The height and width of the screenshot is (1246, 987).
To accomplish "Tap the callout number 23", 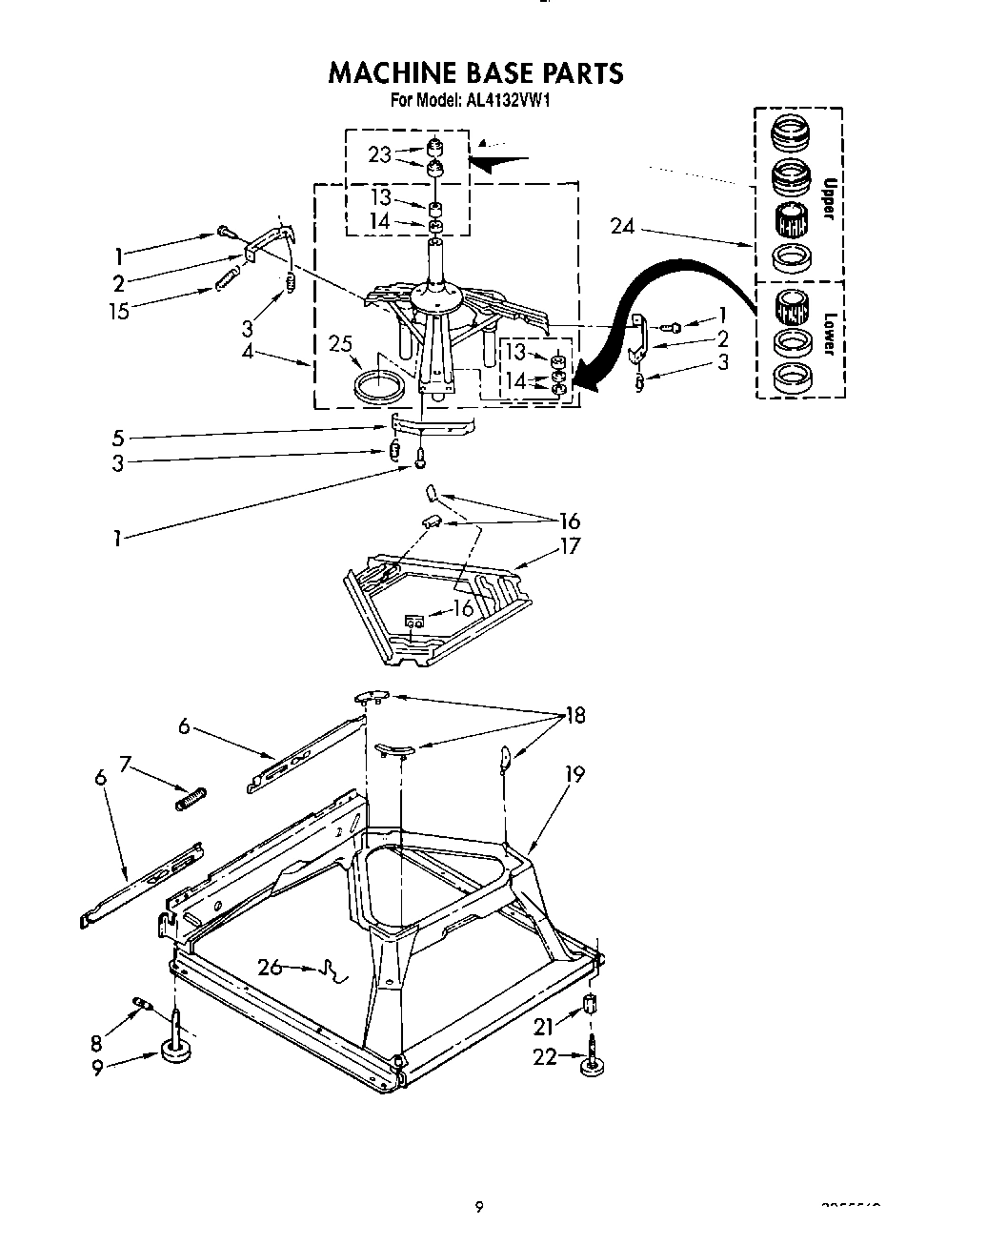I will [x=379, y=154].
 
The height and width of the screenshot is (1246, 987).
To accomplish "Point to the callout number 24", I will [x=623, y=226].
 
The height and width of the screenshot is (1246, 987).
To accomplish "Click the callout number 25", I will [x=340, y=343].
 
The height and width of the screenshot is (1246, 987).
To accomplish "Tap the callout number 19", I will [x=574, y=775].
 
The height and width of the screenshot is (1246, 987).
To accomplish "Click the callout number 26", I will [x=271, y=967].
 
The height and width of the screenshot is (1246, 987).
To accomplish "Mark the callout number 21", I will [x=543, y=1026].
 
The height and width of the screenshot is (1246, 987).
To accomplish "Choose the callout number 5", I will [x=117, y=439].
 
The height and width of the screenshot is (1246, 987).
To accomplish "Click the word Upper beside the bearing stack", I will [x=827, y=197].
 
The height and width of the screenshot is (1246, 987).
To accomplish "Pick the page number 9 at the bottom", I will [x=479, y=1207].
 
